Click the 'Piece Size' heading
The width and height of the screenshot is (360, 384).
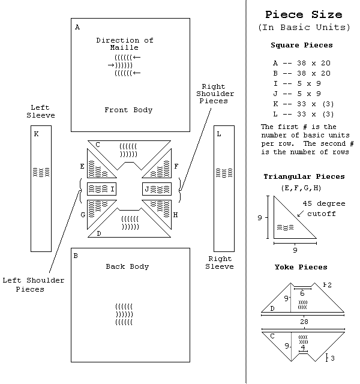click(304, 14)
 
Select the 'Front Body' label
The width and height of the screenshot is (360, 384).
click(128, 110)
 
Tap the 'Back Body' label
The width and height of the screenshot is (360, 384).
click(127, 266)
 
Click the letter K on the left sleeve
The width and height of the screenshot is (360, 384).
click(36, 134)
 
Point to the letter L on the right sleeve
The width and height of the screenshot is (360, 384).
click(219, 134)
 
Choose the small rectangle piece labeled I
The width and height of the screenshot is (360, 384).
click(101, 189)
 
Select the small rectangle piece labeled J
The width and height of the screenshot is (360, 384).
click(157, 189)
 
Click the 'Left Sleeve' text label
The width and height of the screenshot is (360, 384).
click(41, 112)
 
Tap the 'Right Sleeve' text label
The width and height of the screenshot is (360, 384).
click(220, 263)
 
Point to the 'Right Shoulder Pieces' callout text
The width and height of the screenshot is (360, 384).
click(215, 94)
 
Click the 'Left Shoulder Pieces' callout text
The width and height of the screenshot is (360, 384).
click(34, 284)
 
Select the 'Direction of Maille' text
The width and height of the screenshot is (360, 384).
click(125, 44)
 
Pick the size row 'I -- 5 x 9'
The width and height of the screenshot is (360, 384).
click(297, 84)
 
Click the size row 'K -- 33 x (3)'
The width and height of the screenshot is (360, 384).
click(304, 104)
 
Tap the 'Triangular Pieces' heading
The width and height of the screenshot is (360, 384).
click(304, 176)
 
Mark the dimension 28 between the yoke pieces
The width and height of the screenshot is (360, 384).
click(304, 322)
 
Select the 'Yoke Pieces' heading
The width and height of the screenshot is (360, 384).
click(301, 267)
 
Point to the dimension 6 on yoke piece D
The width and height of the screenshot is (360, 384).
click(302, 293)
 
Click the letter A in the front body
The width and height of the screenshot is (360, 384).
click(77, 27)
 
